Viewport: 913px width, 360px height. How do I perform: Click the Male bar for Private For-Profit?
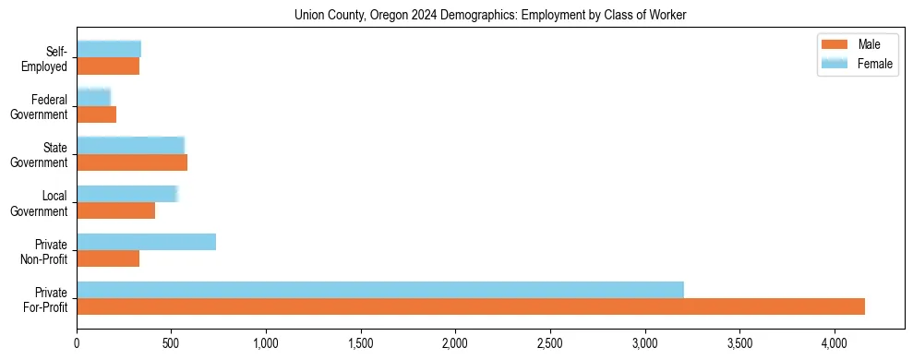click(x=471, y=306)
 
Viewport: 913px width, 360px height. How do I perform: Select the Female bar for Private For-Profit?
click(x=380, y=290)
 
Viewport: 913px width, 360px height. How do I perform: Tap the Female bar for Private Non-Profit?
click(x=146, y=242)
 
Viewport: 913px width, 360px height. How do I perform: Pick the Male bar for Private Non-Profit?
click(x=108, y=258)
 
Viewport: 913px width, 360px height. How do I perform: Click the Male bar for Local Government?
click(x=115, y=210)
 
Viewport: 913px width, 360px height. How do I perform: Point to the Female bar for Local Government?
click(x=126, y=194)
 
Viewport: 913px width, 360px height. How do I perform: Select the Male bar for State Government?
click(x=132, y=162)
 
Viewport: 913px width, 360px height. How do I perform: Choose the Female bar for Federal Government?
click(x=93, y=98)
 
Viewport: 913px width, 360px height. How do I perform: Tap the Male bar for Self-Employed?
click(x=108, y=66)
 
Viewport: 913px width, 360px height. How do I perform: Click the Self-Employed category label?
click(x=44, y=58)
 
